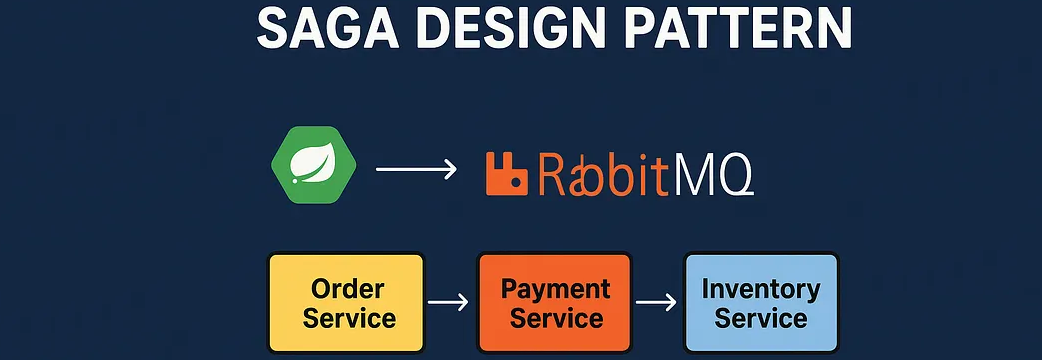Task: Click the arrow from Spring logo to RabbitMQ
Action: click(x=415, y=170)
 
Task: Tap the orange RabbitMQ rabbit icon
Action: click(x=506, y=172)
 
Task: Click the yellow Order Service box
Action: click(x=347, y=303)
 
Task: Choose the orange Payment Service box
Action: click(x=555, y=303)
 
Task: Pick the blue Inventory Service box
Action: click(x=760, y=303)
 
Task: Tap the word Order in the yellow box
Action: click(x=348, y=289)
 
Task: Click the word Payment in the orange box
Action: click(x=555, y=289)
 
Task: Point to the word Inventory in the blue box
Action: click(x=761, y=289)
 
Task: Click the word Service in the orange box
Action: click(x=555, y=319)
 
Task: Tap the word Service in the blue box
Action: click(x=761, y=319)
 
